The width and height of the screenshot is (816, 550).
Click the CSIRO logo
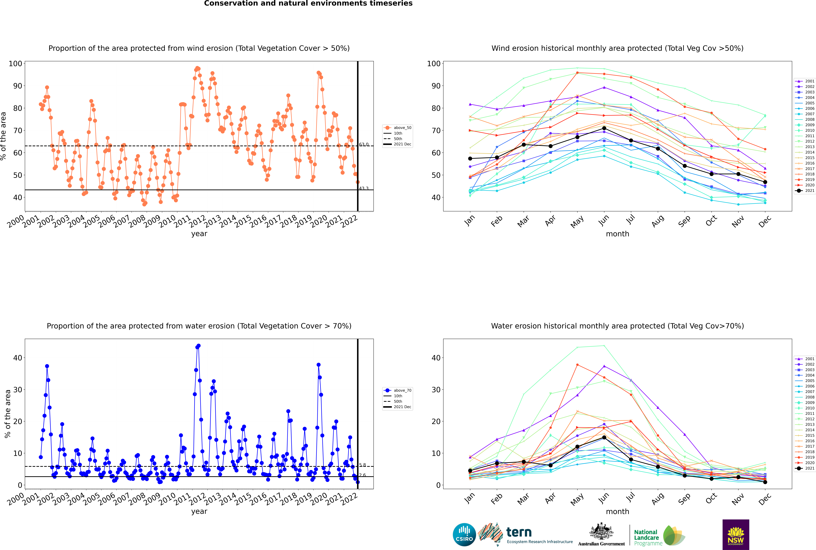coord(464,535)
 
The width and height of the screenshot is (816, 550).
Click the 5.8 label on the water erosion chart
coord(362,465)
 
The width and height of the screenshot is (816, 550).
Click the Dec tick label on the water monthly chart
coord(765,498)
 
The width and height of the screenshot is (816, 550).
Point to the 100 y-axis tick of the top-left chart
coord(15,63)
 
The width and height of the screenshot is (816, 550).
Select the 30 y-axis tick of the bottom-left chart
coord(17,390)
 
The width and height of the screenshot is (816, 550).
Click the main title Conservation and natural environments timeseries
coord(308,3)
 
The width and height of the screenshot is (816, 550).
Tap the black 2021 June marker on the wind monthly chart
coord(604,128)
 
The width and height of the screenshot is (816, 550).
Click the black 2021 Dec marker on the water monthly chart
coord(765,482)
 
